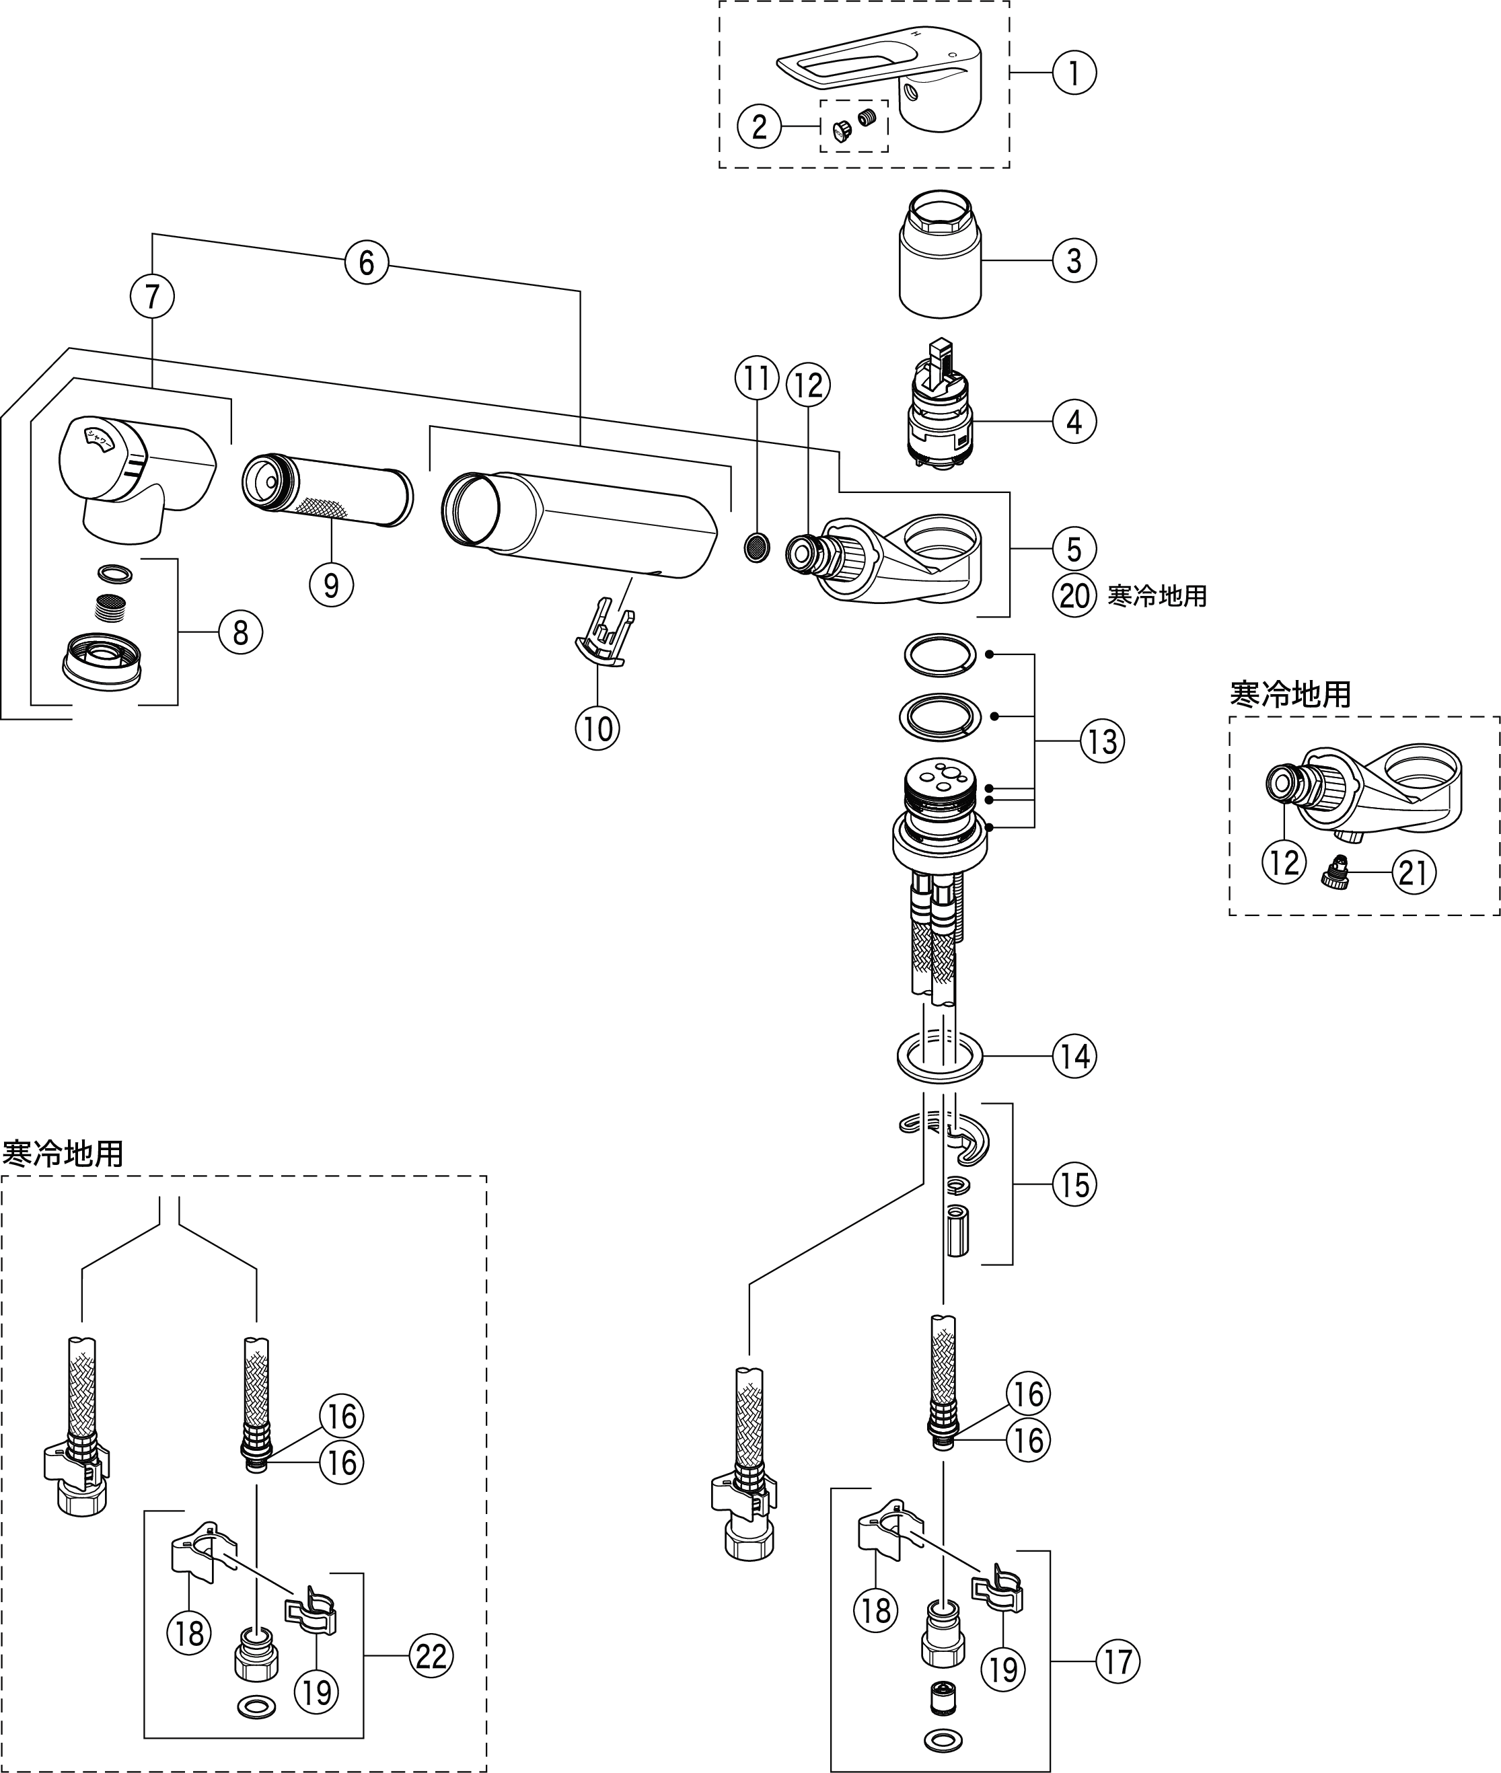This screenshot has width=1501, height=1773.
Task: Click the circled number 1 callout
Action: coord(1074,73)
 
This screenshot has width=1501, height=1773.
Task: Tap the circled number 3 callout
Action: coord(1074,260)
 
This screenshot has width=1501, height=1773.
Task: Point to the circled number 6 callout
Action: coord(367,262)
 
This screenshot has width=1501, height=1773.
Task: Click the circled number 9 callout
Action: coord(332,584)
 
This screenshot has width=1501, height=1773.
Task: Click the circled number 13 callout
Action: coord(1103,741)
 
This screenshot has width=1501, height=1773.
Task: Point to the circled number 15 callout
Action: coord(1074,1184)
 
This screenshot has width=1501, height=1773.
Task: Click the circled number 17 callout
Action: coord(1118,1661)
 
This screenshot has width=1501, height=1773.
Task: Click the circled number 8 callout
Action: coord(241,632)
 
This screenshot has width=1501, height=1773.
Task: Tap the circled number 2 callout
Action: coord(759,126)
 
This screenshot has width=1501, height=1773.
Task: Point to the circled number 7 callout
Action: coord(152,296)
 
